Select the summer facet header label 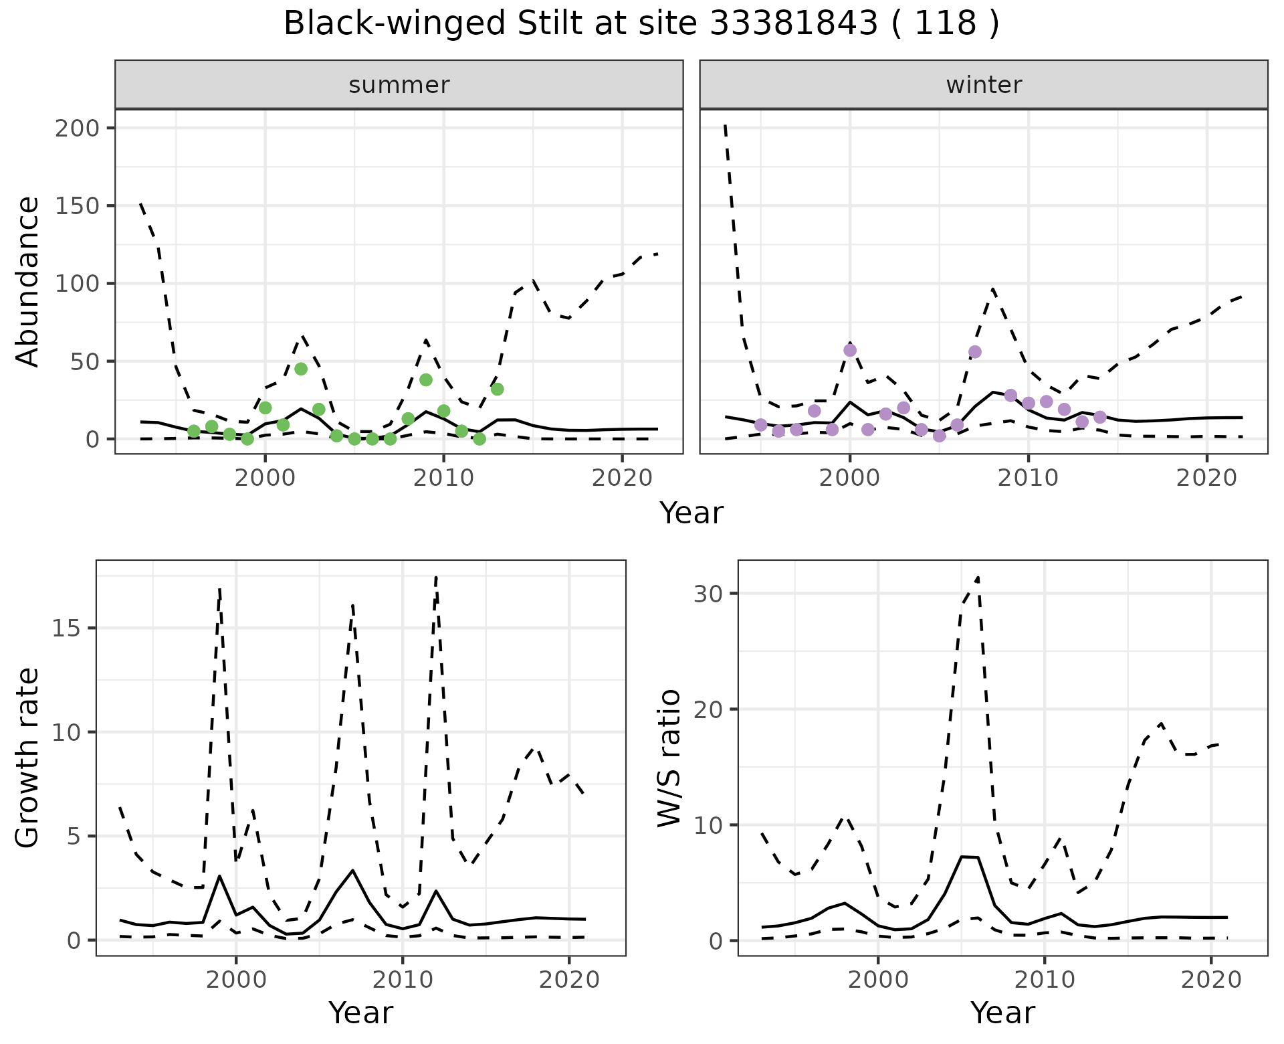point(399,85)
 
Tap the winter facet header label point(983,85)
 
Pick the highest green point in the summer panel point(301,369)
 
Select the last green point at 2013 point(497,389)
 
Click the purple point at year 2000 point(850,350)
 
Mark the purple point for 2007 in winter point(975,352)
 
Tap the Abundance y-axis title point(28,282)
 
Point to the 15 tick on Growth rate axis point(64,628)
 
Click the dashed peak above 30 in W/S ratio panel point(978,577)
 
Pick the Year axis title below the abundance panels point(691,513)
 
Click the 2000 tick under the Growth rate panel point(235,980)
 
